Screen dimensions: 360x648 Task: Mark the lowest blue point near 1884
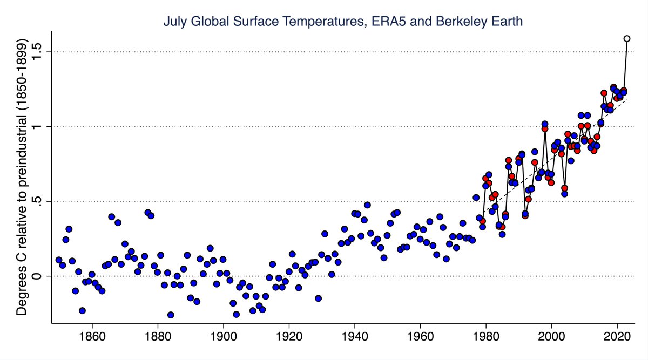[171, 315]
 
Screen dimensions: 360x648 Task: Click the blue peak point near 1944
[367, 205]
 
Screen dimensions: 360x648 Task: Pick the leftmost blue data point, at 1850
[59, 260]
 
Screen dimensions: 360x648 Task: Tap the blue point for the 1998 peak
[545, 124]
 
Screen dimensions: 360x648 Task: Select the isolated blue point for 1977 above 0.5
[476, 198]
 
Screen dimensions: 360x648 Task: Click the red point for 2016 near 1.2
[604, 93]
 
